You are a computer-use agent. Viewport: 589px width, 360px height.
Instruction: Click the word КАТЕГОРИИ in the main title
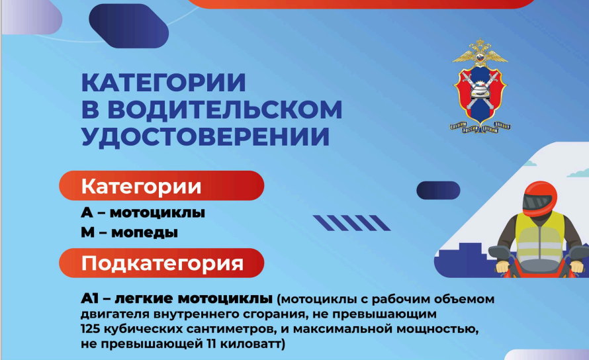(163, 83)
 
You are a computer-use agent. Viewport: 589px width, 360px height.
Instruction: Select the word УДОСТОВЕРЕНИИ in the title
(205, 136)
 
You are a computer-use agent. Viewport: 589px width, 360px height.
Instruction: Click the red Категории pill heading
(161, 186)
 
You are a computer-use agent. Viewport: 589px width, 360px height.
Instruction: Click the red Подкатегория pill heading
(161, 263)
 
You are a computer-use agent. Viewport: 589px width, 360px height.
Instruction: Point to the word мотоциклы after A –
(158, 212)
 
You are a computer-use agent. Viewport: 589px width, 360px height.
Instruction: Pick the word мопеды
(145, 232)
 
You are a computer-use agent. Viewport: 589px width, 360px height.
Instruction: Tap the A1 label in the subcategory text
(89, 298)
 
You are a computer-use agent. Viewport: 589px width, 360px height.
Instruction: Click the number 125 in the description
(90, 329)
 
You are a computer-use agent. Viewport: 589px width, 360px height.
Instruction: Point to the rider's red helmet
(539, 199)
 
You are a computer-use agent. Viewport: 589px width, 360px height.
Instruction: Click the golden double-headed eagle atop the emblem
(480, 52)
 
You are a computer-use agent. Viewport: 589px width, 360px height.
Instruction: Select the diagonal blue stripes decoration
(351, 223)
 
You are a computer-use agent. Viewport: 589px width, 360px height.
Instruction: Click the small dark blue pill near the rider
(438, 190)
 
